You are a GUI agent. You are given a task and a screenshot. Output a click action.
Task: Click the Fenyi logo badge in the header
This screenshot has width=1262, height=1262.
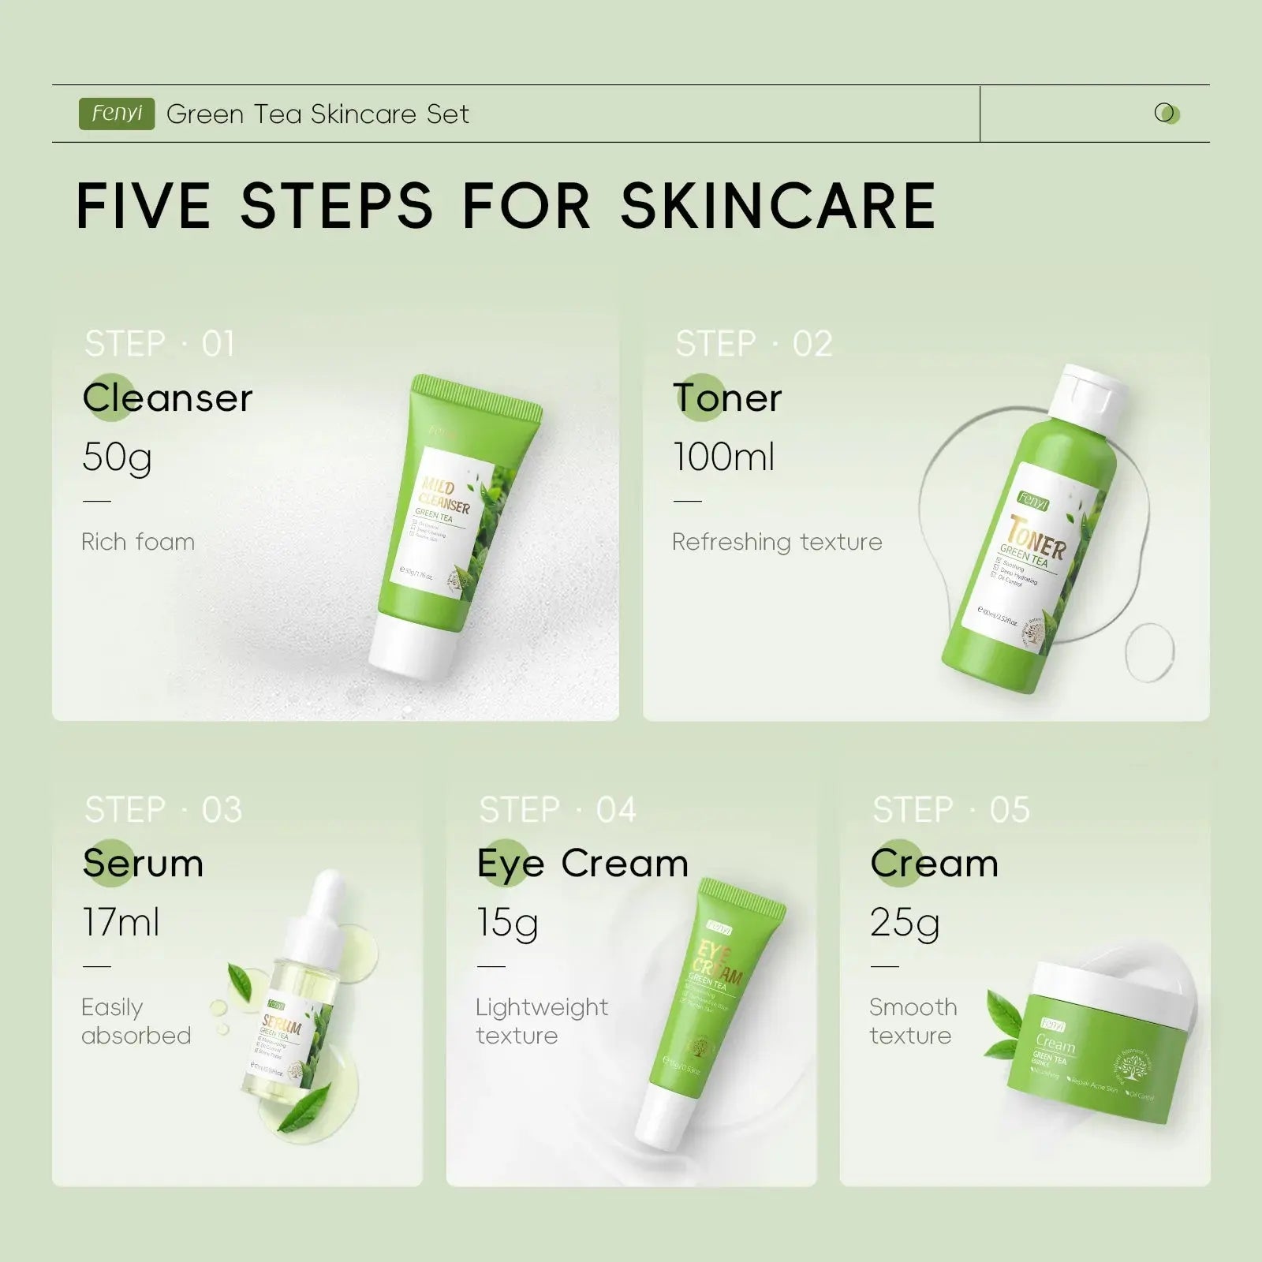[117, 114]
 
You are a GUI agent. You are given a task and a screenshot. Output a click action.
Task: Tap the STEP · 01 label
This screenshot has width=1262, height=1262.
[159, 344]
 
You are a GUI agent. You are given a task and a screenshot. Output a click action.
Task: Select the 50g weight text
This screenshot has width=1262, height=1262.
[117, 457]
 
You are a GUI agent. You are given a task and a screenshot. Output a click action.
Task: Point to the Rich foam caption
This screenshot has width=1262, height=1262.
[138, 542]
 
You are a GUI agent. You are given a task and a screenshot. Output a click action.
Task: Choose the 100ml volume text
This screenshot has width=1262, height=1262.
[724, 457]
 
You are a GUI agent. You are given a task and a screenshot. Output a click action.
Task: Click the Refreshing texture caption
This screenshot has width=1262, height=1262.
[777, 542]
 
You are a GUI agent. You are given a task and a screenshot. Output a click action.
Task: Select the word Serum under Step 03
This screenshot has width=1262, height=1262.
[144, 864]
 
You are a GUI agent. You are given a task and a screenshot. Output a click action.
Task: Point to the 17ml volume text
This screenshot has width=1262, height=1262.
[121, 922]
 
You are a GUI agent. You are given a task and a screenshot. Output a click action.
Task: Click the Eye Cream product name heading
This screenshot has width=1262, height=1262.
[582, 864]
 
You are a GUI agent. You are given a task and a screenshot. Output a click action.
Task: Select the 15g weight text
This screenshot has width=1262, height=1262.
[507, 922]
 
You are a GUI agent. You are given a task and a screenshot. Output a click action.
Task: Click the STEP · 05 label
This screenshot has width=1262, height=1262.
[951, 810]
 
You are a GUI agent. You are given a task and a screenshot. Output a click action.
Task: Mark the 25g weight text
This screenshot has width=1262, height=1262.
[905, 922]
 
